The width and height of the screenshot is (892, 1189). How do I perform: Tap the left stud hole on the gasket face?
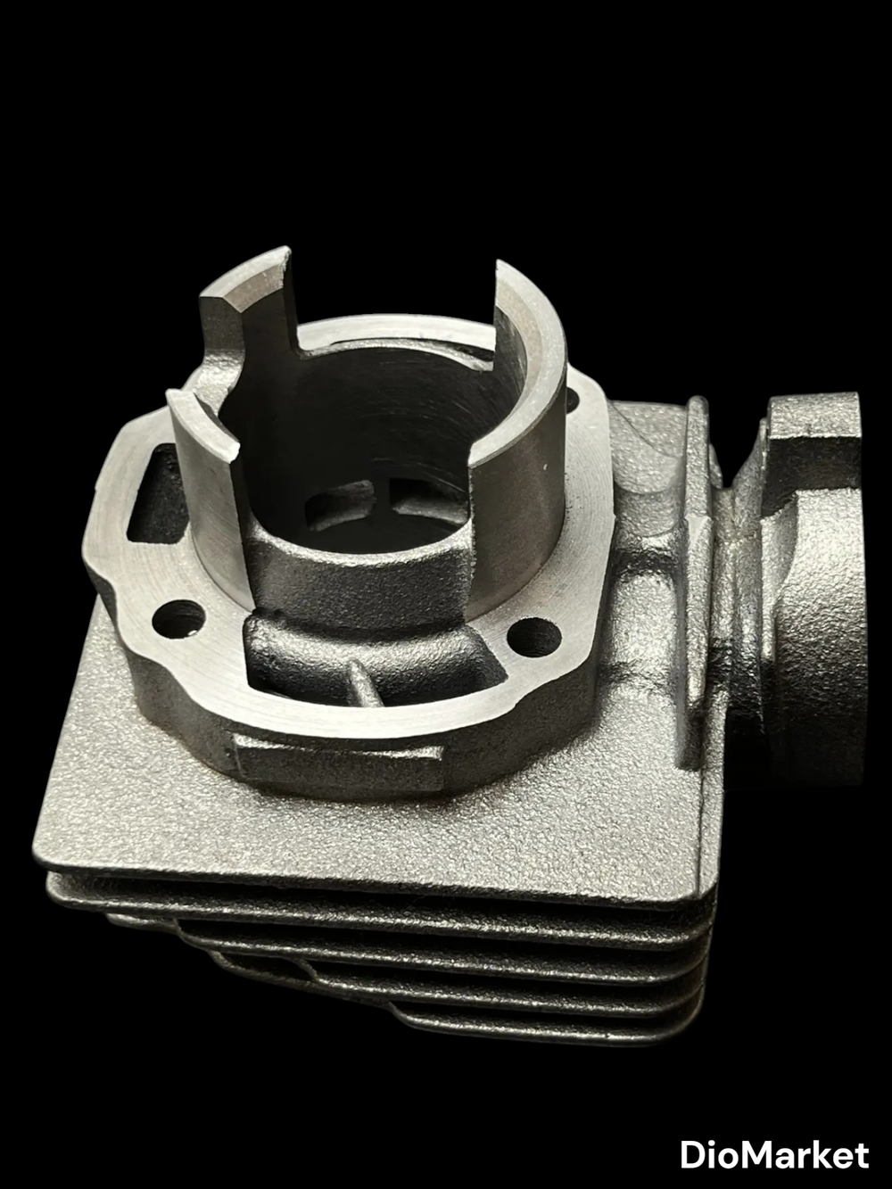click(x=179, y=616)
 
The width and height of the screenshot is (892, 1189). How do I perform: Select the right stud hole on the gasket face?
click(x=534, y=635)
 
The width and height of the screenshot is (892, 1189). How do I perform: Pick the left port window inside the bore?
click(x=339, y=504)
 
